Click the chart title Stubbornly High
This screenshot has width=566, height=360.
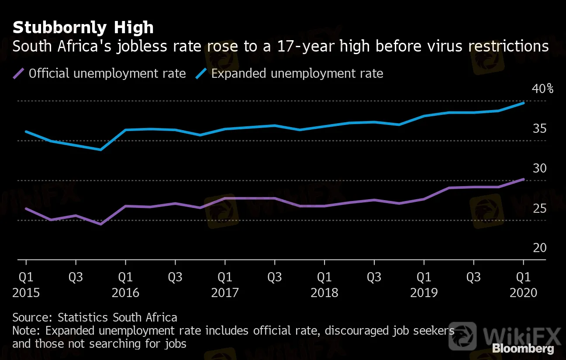tap(83, 28)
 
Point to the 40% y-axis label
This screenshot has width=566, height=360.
tap(542, 89)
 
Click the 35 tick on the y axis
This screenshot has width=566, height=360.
tap(539, 129)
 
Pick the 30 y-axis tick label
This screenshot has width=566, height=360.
tap(539, 169)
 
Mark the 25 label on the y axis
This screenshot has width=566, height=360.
tap(539, 208)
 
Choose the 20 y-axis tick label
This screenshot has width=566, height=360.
tap(539, 248)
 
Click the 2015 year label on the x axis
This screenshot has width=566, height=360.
tap(26, 292)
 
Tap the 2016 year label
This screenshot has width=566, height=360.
tap(125, 292)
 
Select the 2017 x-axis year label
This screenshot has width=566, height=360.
tap(225, 292)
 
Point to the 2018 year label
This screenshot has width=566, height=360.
tap(324, 292)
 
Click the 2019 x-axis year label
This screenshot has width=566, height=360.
tap(424, 292)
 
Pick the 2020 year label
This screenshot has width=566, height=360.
tap(523, 292)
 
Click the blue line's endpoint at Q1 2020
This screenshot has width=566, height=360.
tap(523, 103)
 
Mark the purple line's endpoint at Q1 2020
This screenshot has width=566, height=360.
tap(523, 179)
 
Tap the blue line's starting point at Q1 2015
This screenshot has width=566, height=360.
tap(26, 132)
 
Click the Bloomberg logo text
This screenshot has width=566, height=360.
tap(523, 349)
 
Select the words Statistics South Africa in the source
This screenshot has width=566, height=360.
tap(117, 317)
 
